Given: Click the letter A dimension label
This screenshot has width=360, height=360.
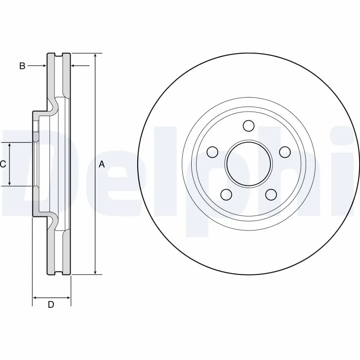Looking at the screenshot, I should [x=102, y=164].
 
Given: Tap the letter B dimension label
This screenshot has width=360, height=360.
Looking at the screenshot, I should [x=22, y=66].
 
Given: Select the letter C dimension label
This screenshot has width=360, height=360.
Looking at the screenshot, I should [x=3, y=164].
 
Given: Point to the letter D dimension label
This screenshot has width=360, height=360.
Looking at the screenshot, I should [x=51, y=305].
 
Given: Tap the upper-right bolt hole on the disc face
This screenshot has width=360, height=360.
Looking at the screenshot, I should [x=284, y=152].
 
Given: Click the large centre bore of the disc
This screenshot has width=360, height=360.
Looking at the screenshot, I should [x=248, y=163].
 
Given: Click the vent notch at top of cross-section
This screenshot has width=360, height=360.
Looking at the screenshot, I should [x=59, y=55].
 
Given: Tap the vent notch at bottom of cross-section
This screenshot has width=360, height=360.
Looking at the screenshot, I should [x=59, y=272].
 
